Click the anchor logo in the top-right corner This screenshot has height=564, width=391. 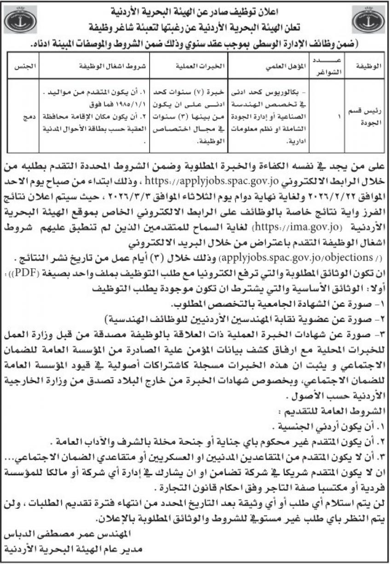[368, 21]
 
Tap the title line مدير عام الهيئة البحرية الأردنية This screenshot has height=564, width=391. [74, 548]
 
